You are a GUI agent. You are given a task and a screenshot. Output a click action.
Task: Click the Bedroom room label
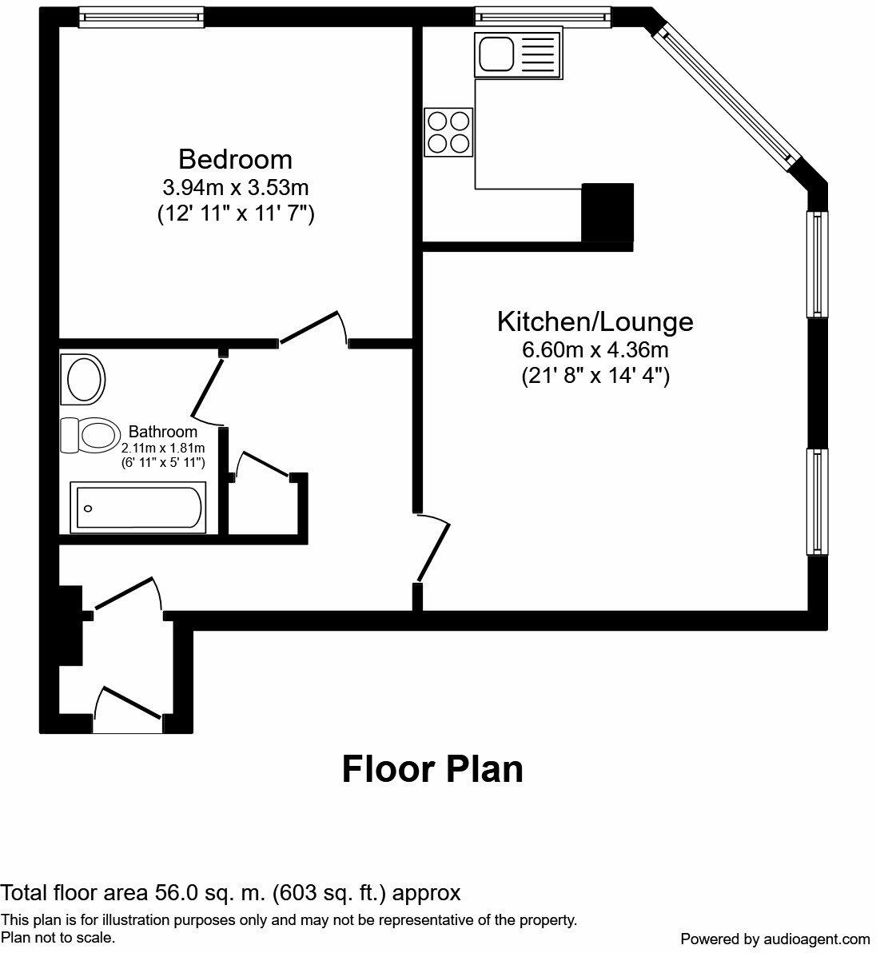tap(235, 159)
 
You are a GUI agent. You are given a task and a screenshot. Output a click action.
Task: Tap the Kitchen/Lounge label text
tap(595, 321)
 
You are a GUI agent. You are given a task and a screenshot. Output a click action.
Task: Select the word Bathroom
tap(163, 432)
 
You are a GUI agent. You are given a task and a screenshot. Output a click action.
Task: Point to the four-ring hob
tap(448, 132)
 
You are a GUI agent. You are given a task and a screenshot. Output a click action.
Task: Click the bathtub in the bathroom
tap(139, 507)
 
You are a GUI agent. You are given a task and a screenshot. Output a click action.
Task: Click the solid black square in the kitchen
tap(607, 212)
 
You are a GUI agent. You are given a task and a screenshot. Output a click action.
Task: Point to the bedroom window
tap(141, 17)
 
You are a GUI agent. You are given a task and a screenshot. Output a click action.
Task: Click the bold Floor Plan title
tap(432, 769)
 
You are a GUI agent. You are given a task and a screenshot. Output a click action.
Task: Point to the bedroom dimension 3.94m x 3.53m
tap(235, 188)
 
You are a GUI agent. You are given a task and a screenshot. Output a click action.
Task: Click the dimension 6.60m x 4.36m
tap(595, 349)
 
